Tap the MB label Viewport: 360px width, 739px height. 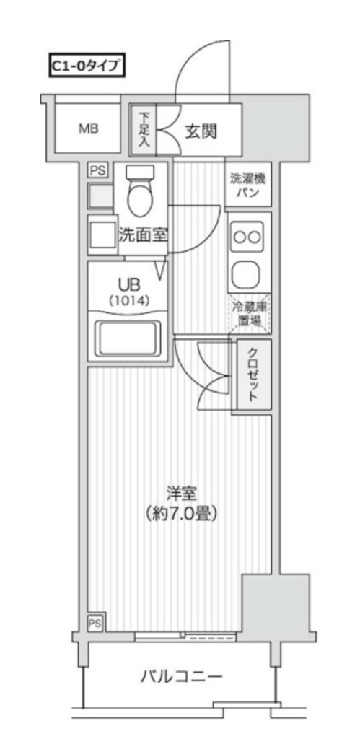[89, 130]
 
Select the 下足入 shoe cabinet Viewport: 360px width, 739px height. [144, 130]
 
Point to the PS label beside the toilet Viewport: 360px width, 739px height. [97, 170]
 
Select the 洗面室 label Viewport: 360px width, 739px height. [143, 235]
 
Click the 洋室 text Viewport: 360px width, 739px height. [180, 493]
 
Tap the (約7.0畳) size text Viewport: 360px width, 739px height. [180, 515]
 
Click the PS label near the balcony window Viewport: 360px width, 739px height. [95, 623]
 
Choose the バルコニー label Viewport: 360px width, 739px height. [181, 676]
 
